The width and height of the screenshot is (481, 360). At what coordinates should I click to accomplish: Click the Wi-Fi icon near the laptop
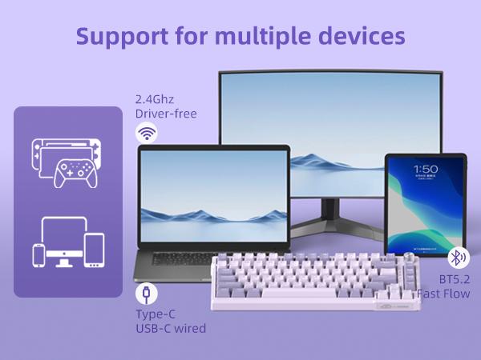[x=146, y=134]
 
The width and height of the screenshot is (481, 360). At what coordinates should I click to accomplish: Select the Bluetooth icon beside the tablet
[x=458, y=258]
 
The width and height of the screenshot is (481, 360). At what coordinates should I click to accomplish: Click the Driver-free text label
[x=166, y=114]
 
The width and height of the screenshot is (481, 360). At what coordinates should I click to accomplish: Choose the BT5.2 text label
[x=455, y=279]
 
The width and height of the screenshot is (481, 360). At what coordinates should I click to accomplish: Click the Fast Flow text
[x=443, y=294]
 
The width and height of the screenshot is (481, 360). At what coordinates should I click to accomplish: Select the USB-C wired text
[x=170, y=328]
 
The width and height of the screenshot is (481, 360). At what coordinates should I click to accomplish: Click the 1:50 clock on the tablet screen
[x=425, y=169]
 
